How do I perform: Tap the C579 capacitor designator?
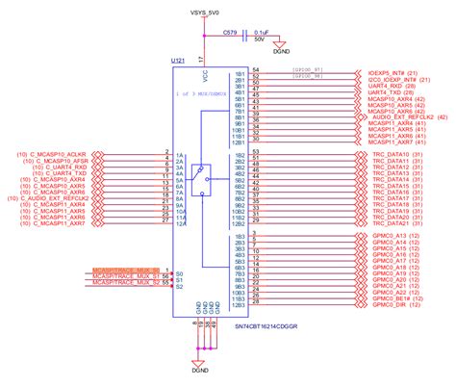pyautogui.click(x=230, y=32)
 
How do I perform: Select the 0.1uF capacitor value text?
pyautogui.click(x=263, y=31)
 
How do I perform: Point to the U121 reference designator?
pyautogui.click(x=178, y=60)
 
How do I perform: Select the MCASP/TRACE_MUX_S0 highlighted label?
pyautogui.click(x=125, y=270)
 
